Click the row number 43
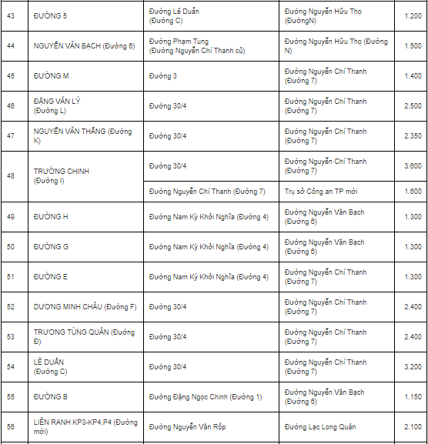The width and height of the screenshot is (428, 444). click(11, 16)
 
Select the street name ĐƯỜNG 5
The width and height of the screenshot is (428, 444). click(51, 16)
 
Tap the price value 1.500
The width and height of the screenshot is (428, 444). click(412, 46)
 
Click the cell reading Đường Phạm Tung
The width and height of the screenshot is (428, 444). click(179, 42)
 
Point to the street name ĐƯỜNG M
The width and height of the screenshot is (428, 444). click(51, 76)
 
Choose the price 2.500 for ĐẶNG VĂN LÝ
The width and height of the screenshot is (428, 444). click(412, 106)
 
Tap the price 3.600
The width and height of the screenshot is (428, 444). click(412, 166)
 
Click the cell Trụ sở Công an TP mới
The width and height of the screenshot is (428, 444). click(324, 192)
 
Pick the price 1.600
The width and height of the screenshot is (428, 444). click(412, 192)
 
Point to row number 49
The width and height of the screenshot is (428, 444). click(11, 217)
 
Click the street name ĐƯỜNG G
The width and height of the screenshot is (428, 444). click(51, 247)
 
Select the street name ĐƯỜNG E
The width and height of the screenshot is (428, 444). click(51, 277)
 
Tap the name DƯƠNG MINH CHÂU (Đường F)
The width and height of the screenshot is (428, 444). click(85, 307)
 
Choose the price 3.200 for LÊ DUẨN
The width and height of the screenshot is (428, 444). click(412, 367)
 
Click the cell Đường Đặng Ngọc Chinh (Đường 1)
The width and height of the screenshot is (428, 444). click(205, 397)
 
